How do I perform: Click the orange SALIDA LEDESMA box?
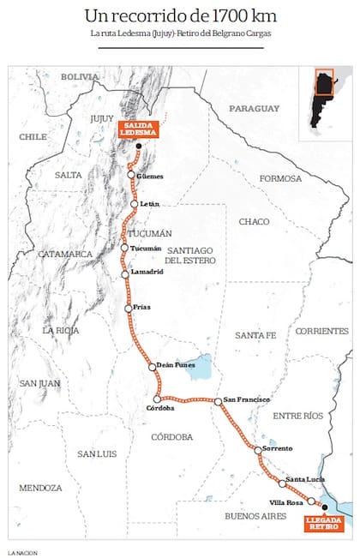[134, 130]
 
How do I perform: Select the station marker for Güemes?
[131, 175]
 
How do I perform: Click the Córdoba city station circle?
[156, 399]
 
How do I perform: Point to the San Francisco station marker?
[219, 401]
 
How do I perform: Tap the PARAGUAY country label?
[254, 109]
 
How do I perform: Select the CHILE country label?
[33, 136]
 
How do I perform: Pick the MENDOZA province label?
[41, 488]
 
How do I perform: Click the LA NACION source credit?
[23, 551]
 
